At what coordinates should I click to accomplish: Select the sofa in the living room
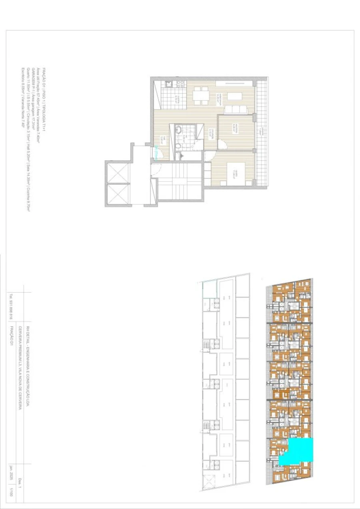233,110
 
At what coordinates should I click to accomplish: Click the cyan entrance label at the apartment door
156,153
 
